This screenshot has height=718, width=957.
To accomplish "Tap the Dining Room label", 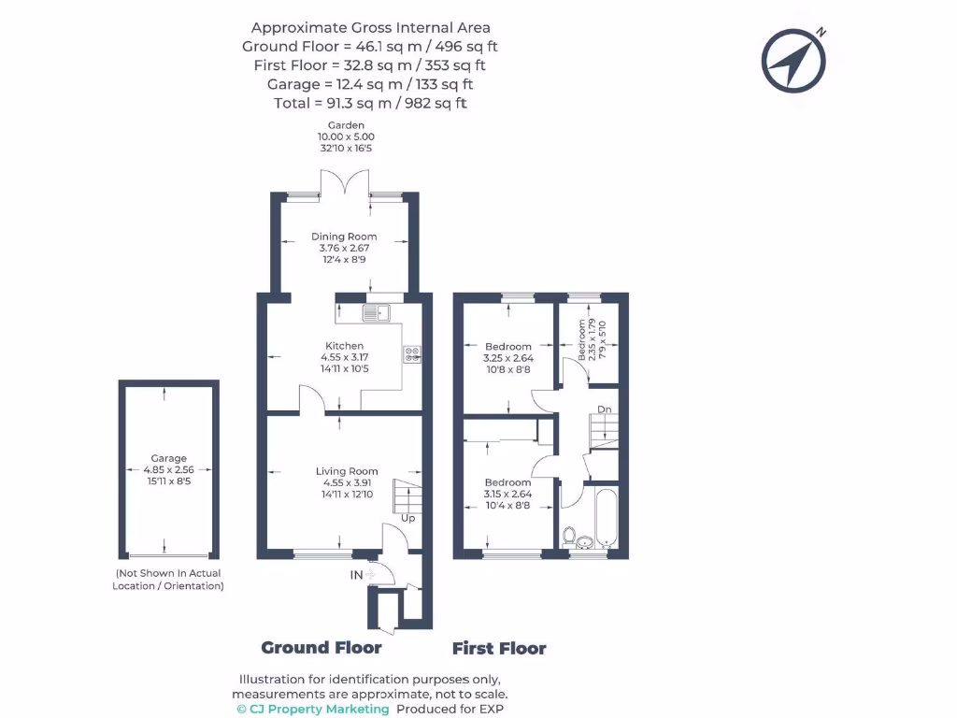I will pos(345,237).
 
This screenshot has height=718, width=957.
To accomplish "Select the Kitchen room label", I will pos(344,346).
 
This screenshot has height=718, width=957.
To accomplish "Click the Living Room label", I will pos(347,471).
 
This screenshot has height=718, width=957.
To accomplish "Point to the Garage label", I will pos(169,458).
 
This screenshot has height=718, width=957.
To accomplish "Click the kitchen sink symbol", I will pos(377,312).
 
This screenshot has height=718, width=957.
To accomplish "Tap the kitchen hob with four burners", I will pos(412,353).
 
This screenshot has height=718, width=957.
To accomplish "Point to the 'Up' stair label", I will pos(407,518).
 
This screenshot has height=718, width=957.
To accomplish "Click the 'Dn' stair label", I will pos(605,409).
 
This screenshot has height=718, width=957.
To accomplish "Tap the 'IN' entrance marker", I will pos(357,575).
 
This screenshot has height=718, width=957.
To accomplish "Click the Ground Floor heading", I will pos(321,648).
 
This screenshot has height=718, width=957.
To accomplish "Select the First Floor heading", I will pos(499,649).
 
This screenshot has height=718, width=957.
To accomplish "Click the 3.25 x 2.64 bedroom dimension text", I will pos(507,358).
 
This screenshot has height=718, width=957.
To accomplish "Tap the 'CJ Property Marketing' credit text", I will pos(312,710).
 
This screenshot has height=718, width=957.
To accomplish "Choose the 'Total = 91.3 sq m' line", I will pos(370,103).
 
